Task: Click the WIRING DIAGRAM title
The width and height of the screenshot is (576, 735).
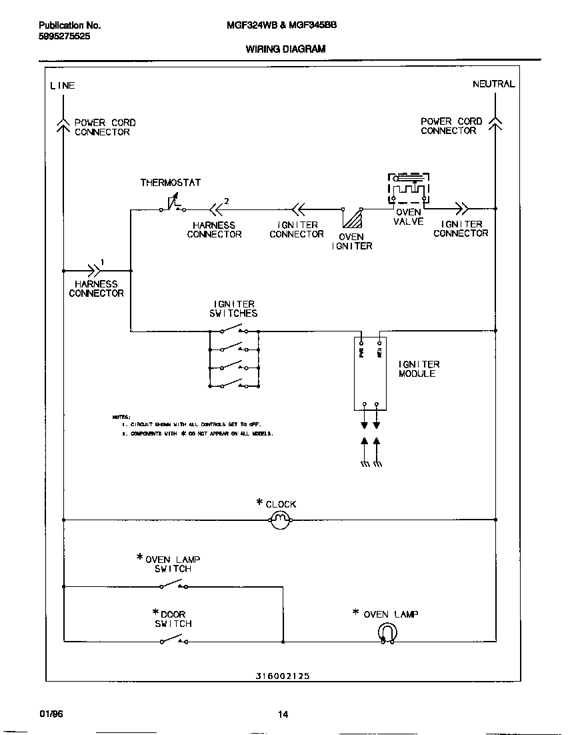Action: click(x=285, y=49)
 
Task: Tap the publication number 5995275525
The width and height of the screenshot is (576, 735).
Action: click(x=64, y=37)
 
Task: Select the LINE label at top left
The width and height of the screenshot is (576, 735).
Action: click(x=63, y=85)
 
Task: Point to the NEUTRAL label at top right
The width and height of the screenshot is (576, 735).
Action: click(x=493, y=84)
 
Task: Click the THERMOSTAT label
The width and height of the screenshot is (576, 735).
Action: click(x=170, y=182)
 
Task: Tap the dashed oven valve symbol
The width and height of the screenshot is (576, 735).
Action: click(x=409, y=189)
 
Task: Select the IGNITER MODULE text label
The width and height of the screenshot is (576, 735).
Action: click(x=419, y=369)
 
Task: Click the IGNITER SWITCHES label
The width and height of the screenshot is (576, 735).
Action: click(x=233, y=309)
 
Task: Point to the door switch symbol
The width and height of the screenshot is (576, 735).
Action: click(x=173, y=641)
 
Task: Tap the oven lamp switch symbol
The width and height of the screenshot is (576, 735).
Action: click(x=173, y=586)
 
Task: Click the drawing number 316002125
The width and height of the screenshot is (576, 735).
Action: click(x=282, y=676)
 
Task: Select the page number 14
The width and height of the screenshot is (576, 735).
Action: click(x=283, y=715)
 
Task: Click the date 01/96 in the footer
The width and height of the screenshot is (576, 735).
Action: click(x=51, y=714)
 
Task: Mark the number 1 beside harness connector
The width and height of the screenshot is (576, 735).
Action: click(x=102, y=262)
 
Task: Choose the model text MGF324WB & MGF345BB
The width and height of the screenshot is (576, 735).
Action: click(x=282, y=25)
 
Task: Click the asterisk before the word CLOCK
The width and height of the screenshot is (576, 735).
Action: click(x=260, y=503)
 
